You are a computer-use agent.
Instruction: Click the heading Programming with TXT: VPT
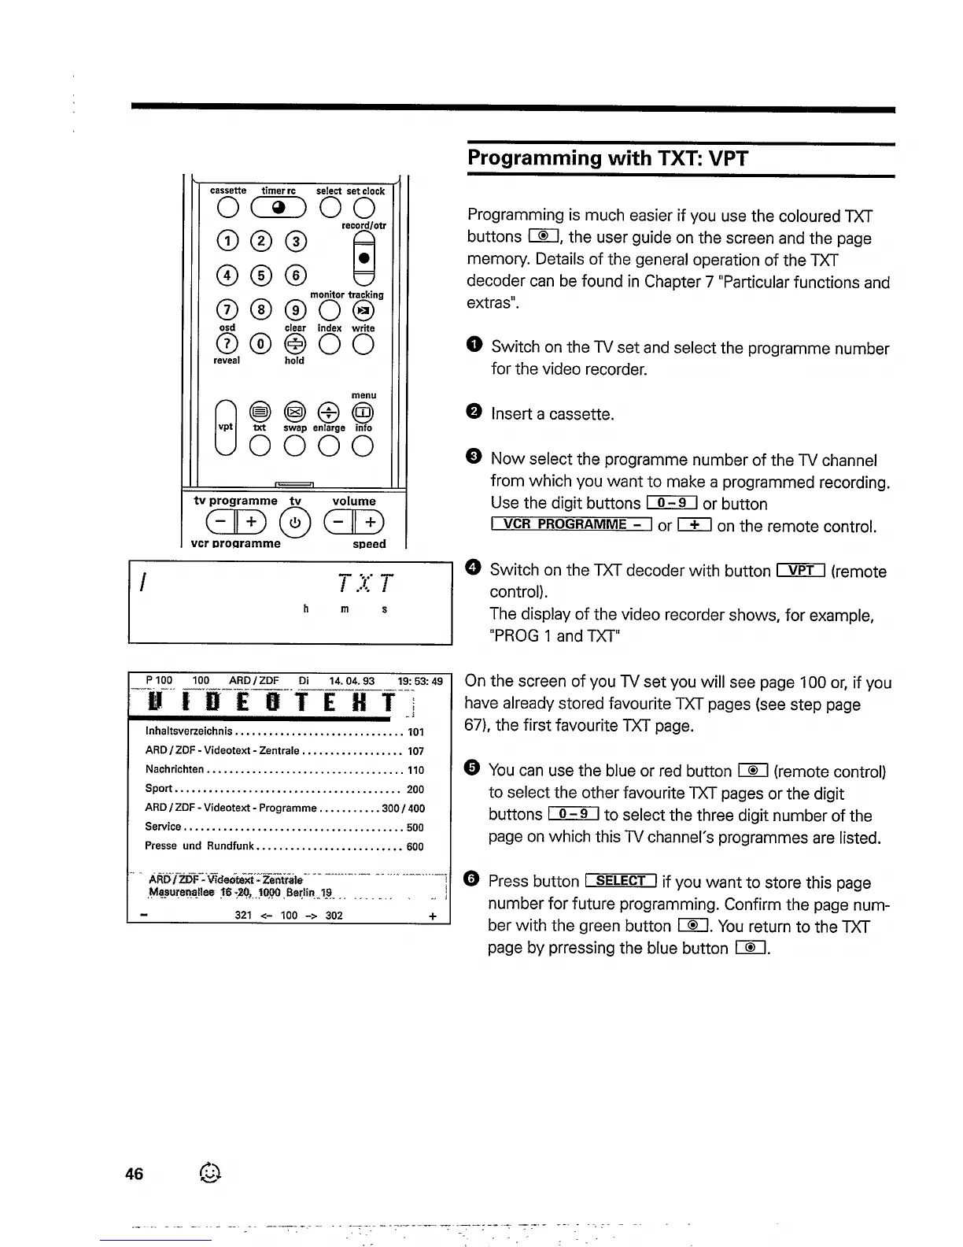(607, 158)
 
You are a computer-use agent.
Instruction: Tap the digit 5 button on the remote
(260, 275)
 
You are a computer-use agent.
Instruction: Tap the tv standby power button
(294, 524)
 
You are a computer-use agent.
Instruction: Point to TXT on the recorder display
(364, 583)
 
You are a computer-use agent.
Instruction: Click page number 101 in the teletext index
(415, 732)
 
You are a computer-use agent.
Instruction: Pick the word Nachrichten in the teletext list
(175, 769)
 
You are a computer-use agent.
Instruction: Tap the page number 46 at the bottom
(135, 1174)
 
